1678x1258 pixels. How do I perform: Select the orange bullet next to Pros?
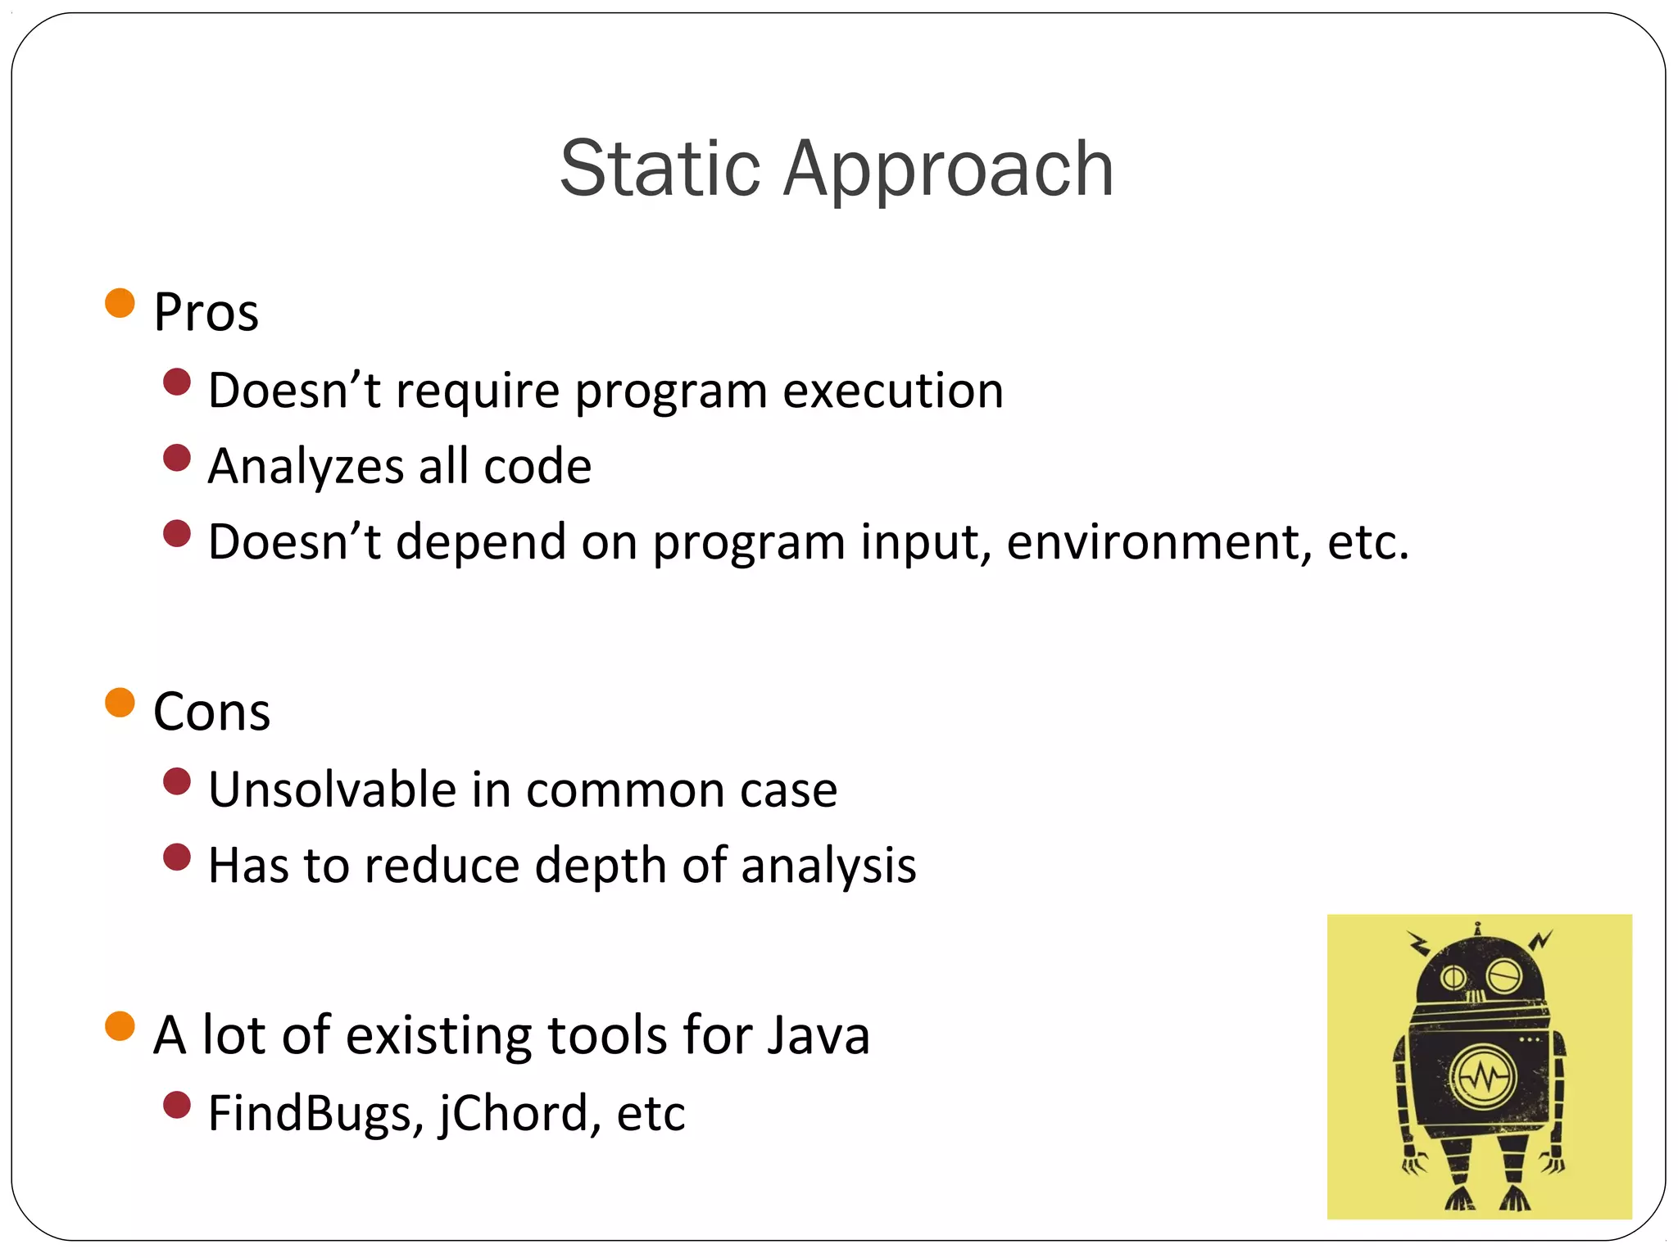tap(120, 303)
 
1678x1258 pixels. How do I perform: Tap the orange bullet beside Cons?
tap(120, 702)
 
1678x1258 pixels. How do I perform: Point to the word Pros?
tap(206, 313)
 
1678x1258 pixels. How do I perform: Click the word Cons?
tap(211, 712)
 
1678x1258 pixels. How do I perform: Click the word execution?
tap(892, 391)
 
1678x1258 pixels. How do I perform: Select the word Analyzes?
tap(306, 468)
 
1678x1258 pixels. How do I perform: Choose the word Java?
tap(818, 1035)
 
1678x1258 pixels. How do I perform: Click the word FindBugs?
tap(315, 1114)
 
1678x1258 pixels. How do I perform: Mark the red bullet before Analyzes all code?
tap(177, 458)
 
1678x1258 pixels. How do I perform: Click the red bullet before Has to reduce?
tap(177, 858)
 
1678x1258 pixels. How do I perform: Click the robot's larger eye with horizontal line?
tap(1504, 975)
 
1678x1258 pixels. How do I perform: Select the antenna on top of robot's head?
tap(1477, 930)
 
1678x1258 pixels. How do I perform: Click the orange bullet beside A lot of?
tap(120, 1025)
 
